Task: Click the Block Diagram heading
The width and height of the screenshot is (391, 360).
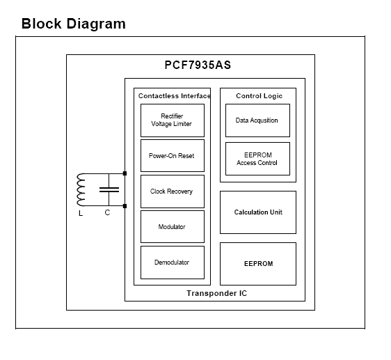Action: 74,24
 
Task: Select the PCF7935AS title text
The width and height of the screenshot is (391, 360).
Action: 198,65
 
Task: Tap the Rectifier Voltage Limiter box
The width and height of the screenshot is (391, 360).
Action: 173,120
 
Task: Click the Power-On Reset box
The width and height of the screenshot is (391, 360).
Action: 173,155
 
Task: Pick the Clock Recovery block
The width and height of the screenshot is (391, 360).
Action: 173,191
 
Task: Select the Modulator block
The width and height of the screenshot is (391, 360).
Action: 173,226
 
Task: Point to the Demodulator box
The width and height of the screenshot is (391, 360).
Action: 173,263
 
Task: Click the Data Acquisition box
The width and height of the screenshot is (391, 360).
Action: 257,120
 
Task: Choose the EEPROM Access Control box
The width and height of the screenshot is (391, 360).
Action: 257,159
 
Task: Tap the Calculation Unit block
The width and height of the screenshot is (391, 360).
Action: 258,212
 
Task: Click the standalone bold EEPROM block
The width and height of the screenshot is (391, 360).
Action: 258,264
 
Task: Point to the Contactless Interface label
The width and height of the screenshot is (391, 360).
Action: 175,96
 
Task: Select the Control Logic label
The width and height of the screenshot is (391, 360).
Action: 259,96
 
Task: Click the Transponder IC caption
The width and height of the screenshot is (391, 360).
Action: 216,293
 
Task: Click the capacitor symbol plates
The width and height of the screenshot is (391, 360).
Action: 109,189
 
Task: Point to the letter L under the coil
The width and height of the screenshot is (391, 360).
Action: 81,214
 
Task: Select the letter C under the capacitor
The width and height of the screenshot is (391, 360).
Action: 107,212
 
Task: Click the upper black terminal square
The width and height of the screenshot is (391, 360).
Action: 125,173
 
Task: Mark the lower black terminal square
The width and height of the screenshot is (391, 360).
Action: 125,206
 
